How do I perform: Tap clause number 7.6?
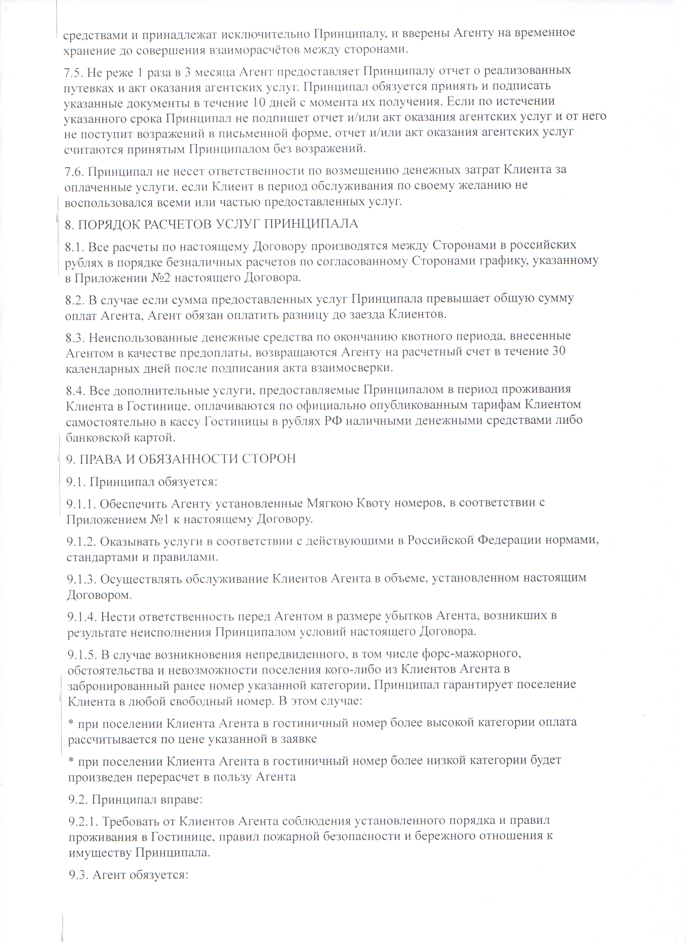(74, 171)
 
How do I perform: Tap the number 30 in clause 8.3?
(558, 352)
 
